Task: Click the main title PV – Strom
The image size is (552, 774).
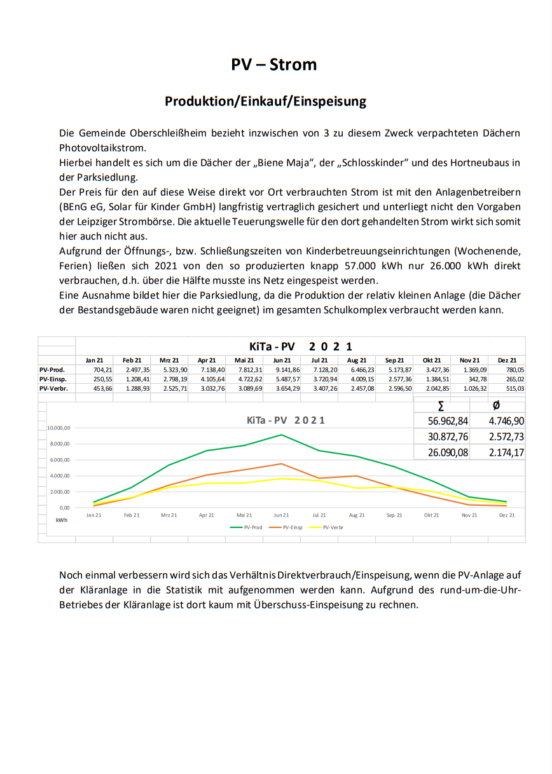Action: [x=274, y=65]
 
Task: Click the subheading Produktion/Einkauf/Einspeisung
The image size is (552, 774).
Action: [x=265, y=101]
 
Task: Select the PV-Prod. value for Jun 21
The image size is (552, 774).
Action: [x=282, y=369]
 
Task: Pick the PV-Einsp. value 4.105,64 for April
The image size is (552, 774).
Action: [x=207, y=379]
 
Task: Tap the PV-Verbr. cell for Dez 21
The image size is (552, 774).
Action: [x=507, y=388]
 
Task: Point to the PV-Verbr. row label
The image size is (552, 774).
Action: [x=53, y=388]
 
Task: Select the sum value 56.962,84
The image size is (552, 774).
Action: [x=441, y=421]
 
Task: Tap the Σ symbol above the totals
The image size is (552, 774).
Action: [x=441, y=406]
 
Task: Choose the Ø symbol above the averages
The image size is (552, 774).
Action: [x=496, y=406]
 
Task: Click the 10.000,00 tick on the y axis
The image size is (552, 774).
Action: [x=59, y=428]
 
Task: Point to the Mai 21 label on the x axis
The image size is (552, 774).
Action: [x=244, y=515]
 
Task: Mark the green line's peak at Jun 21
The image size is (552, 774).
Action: [x=282, y=435]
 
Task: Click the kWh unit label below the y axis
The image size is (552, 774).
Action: [x=62, y=520]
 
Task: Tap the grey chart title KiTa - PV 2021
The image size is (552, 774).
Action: [x=286, y=420]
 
